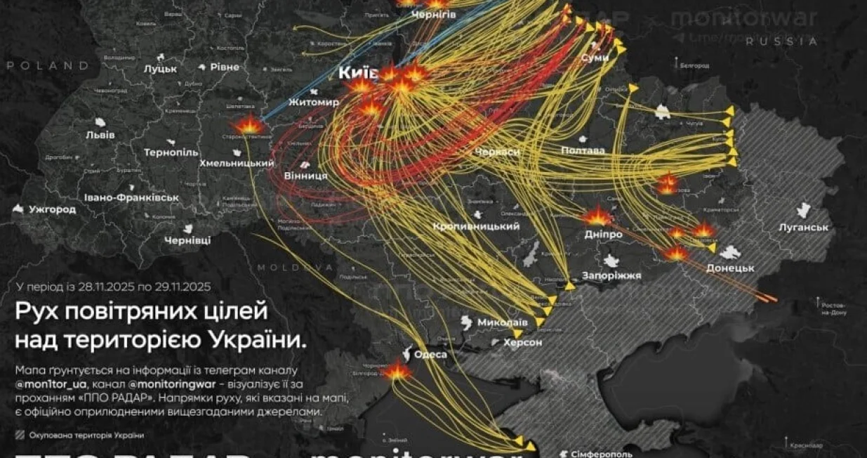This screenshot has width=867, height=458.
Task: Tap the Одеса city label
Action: [x=430, y=355]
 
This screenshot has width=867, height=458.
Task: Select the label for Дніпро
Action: [x=603, y=234]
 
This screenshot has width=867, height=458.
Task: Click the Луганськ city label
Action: [x=804, y=228]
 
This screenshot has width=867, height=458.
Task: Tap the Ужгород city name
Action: [x=52, y=209]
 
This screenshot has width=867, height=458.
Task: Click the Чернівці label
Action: [x=187, y=240]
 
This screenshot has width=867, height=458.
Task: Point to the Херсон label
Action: [x=522, y=342]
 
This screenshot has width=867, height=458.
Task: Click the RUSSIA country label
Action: [x=781, y=41]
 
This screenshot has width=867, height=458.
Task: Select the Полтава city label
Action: [x=583, y=150]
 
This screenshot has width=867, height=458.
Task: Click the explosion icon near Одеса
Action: [x=397, y=371]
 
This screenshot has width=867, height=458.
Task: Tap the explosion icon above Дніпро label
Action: [x=597, y=216]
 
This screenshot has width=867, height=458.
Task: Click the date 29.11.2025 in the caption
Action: [x=180, y=287]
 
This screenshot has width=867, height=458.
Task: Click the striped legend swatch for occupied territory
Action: [x=19, y=435]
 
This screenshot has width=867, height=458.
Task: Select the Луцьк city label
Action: [x=161, y=69]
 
